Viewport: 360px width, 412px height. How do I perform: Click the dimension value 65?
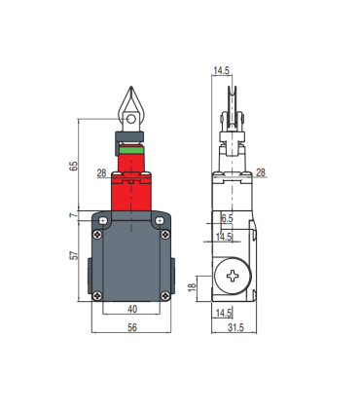[x=74, y=166]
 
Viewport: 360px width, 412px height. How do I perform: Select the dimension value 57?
[x=75, y=255]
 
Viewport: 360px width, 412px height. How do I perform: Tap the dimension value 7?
[x=74, y=215]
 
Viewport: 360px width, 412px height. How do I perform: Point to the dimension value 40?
[x=132, y=309]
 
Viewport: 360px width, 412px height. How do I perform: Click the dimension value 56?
[x=132, y=327]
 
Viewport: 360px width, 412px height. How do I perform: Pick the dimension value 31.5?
[x=235, y=327]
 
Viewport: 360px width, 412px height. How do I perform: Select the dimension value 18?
[x=193, y=287]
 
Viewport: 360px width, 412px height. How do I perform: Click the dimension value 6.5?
[x=227, y=218]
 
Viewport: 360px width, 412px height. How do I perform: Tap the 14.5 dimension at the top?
[x=222, y=70]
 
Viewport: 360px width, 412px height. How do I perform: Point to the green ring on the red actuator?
[x=131, y=150]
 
